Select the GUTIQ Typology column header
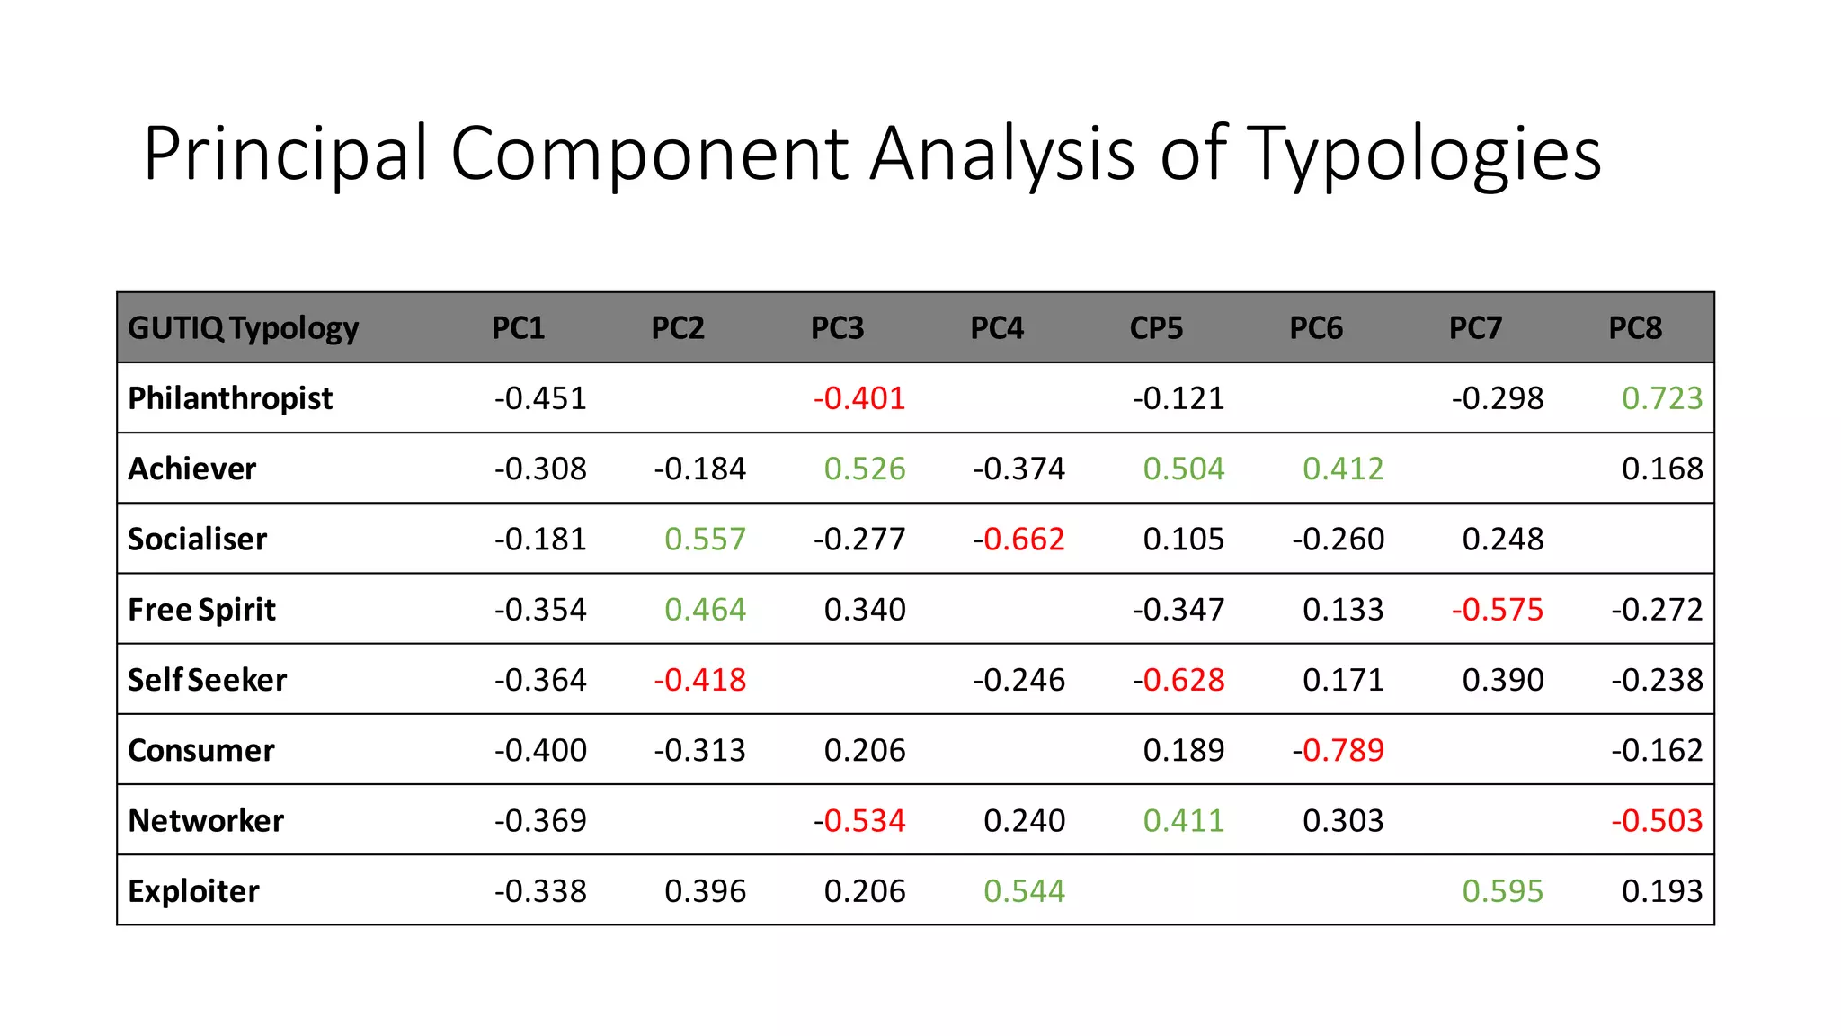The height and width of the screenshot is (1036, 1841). [243, 328]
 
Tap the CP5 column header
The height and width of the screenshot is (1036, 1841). [1156, 328]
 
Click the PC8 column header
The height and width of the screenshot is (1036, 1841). [1635, 328]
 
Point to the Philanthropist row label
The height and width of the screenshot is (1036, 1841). [230, 398]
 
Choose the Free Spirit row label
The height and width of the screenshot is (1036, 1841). [201, 610]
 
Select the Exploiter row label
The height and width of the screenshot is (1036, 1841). [193, 891]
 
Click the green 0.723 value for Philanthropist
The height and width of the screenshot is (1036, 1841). [1662, 398]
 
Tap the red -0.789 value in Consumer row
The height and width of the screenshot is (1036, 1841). [1339, 750]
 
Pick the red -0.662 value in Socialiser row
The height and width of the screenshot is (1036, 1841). [1019, 540]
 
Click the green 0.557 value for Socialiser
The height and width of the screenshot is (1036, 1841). [706, 540]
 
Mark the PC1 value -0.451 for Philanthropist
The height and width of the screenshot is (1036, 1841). [540, 398]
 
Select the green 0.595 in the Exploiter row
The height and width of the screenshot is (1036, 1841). [1503, 891]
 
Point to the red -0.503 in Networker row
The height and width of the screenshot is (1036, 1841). [1657, 821]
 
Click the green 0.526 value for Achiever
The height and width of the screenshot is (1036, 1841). [865, 469]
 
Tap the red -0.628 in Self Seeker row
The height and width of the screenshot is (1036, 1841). [1178, 680]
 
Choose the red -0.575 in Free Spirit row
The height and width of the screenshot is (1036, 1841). [1498, 610]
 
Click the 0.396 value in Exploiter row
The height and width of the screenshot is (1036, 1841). [706, 891]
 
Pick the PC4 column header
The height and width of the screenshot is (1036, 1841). [997, 328]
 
